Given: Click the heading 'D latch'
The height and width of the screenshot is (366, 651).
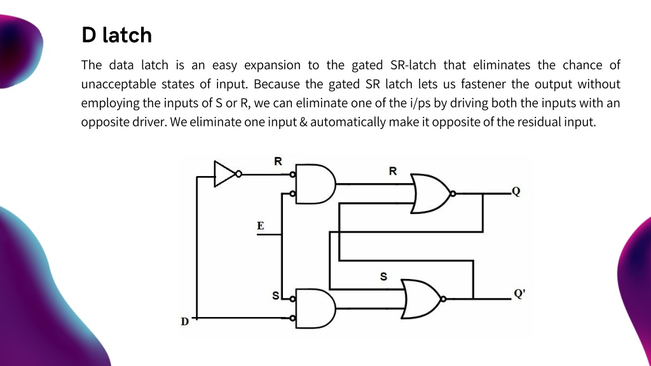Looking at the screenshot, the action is (x=117, y=35).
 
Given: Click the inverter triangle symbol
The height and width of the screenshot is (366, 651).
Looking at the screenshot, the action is (x=224, y=174).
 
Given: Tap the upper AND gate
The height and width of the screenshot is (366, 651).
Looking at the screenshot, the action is (x=315, y=184).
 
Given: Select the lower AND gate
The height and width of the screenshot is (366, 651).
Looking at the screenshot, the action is (x=315, y=308).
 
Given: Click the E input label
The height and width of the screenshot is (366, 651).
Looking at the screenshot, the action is (x=260, y=226).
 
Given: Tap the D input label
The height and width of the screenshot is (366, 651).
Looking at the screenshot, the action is (x=185, y=321).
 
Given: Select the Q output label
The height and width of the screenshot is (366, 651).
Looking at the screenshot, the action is (x=516, y=191).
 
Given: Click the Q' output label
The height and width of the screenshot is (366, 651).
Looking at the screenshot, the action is (x=519, y=294).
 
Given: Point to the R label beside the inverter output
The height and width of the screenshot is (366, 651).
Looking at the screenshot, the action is (x=278, y=161).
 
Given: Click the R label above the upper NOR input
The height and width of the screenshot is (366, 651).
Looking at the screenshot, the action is (x=393, y=171).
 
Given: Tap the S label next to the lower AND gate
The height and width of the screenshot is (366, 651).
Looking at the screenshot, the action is (x=276, y=295).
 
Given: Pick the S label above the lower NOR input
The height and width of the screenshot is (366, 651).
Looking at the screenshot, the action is (x=383, y=276).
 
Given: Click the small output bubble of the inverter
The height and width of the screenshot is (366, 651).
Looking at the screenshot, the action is (x=239, y=174).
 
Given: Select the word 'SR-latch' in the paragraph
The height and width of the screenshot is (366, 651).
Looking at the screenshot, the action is (x=413, y=65).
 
